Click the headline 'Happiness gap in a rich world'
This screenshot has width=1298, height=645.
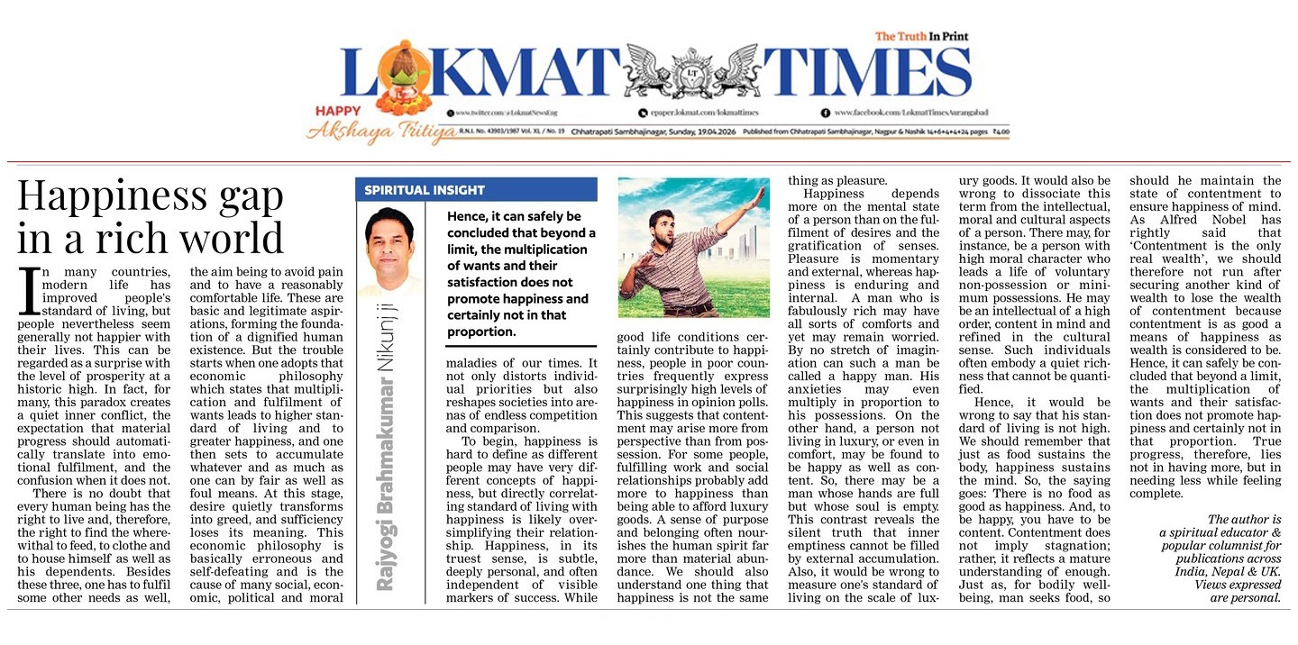pos(151,217)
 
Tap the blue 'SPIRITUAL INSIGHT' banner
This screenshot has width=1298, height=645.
pos(475,190)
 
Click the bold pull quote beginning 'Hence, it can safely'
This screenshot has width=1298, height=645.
pos(518,274)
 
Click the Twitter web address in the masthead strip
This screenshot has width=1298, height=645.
pos(515,113)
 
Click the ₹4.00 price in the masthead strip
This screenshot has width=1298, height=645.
pos(999,132)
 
